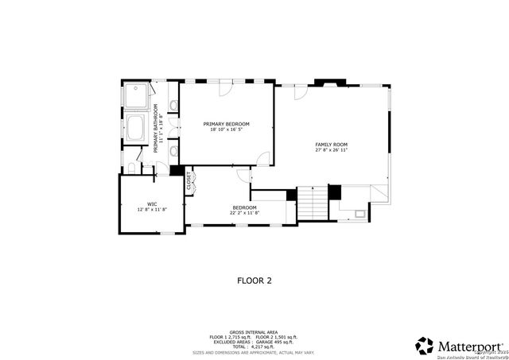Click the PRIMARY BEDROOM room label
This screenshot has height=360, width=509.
tap(227, 124)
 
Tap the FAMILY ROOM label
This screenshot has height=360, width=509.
tap(331, 144)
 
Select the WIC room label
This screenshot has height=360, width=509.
tap(151, 203)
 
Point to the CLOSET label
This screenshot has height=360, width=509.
tap(188, 180)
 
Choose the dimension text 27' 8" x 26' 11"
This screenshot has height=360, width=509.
tap(331, 150)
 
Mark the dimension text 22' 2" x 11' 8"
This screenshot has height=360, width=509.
tap(244, 213)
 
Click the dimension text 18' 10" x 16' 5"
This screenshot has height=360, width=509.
tap(227, 130)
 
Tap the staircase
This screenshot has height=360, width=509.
tap(313, 204)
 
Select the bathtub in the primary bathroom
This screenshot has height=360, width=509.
tap(136, 130)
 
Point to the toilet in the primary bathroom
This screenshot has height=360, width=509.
tap(132, 168)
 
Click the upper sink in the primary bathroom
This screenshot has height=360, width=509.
tap(173, 105)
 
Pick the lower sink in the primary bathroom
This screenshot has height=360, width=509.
tap(173, 149)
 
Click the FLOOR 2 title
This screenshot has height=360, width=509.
tap(254, 280)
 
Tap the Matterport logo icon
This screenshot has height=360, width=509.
tap(425, 346)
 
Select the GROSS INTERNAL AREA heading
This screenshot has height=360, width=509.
tap(254, 333)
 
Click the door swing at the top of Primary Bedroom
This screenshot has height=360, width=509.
tap(227, 89)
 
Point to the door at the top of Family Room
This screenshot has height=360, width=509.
tap(300, 92)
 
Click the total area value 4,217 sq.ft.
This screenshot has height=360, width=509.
tap(260, 346)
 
